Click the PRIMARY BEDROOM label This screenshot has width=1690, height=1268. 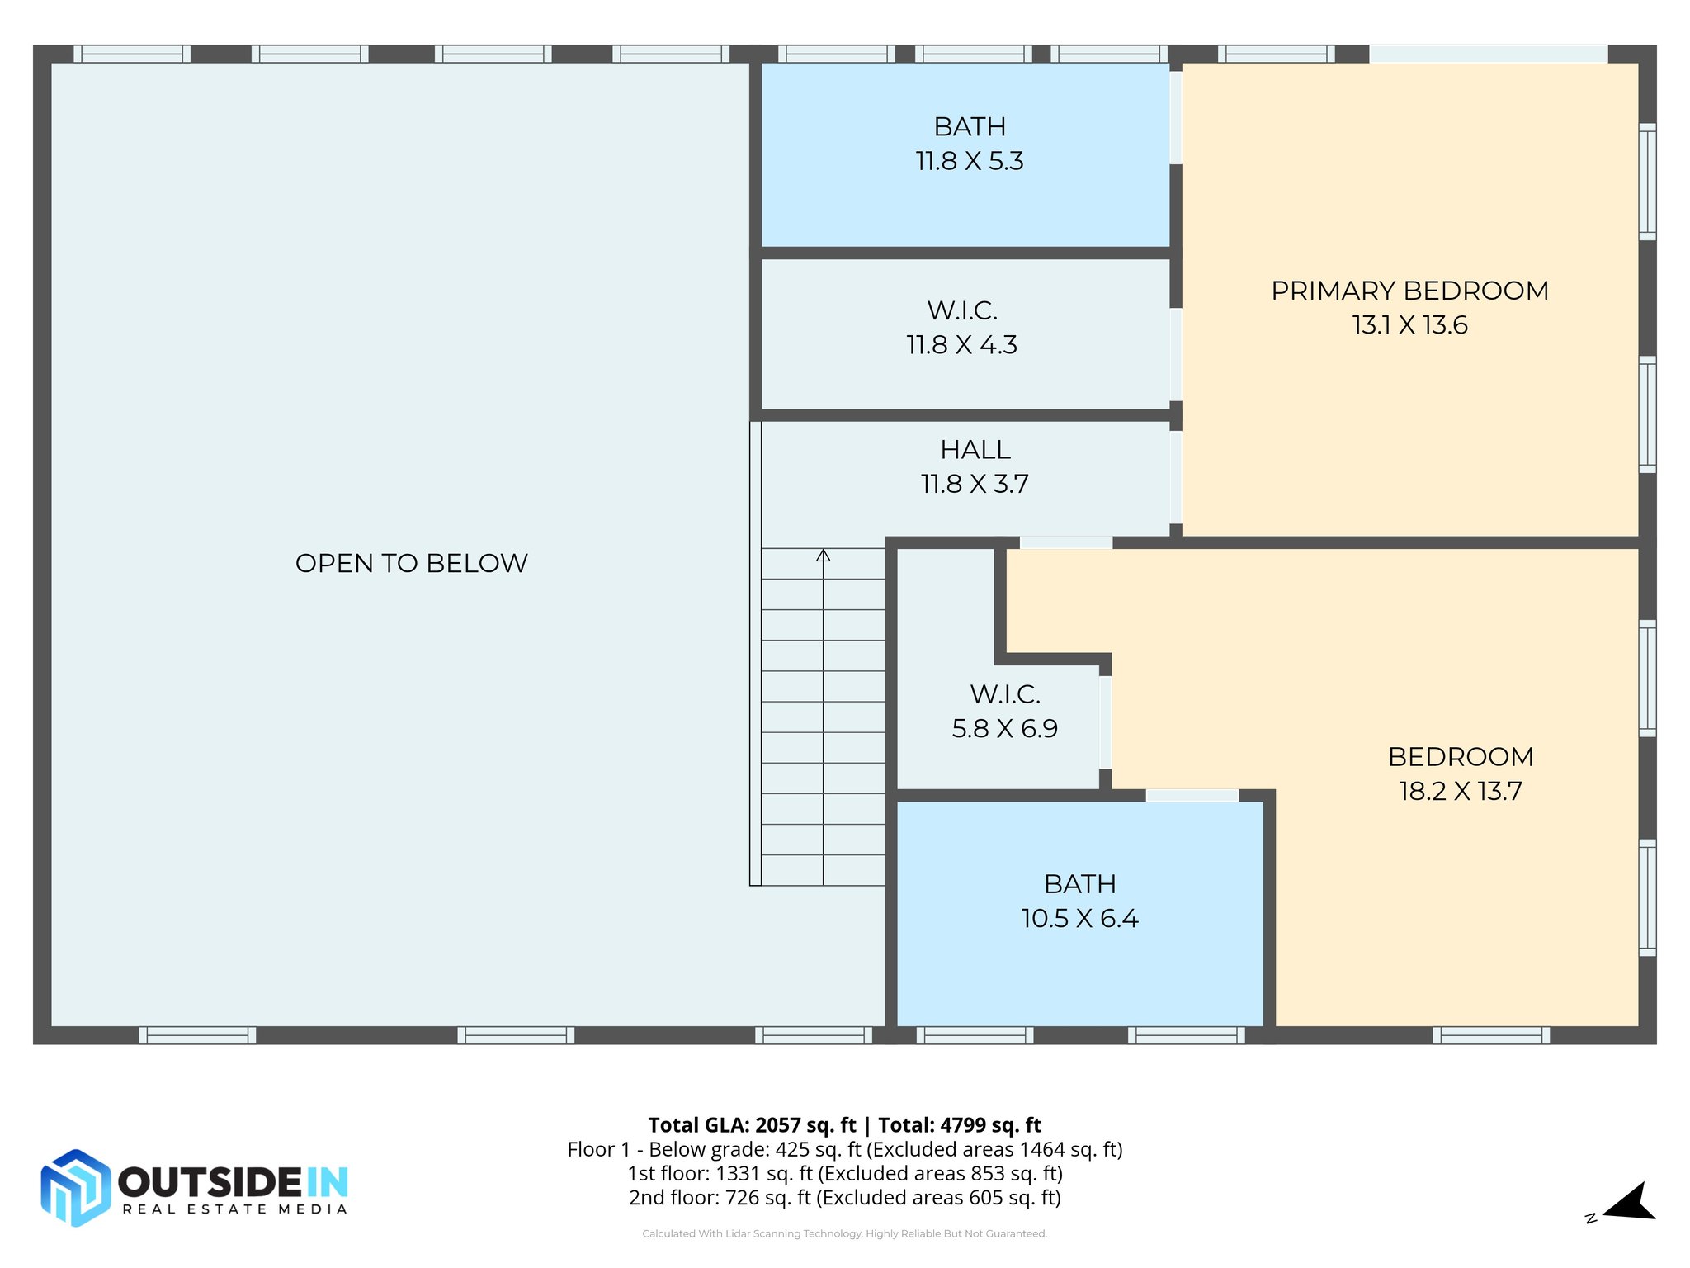[1409, 291]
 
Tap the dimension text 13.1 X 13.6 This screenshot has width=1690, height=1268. [1409, 325]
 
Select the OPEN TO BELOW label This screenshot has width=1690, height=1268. [411, 563]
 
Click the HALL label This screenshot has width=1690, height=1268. [975, 450]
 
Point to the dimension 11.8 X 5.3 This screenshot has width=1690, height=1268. [970, 161]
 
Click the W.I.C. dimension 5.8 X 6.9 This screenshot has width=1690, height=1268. [1004, 729]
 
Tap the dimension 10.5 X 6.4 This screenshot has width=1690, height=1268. [1079, 919]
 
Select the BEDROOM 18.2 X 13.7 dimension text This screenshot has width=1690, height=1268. [1460, 791]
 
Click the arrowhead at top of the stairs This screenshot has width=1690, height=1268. [823, 556]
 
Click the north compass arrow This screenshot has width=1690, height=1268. [1630, 1203]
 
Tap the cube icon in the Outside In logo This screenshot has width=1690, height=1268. [75, 1187]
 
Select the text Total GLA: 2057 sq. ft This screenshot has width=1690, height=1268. [752, 1125]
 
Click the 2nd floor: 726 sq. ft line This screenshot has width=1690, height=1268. [844, 1198]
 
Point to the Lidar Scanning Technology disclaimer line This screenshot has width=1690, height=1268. [844, 1233]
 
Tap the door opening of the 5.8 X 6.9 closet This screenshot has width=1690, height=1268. [1105, 722]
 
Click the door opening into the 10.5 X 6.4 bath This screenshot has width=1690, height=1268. [1192, 795]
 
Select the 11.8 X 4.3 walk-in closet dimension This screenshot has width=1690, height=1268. [961, 345]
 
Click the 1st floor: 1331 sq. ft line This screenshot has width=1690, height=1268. [844, 1174]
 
